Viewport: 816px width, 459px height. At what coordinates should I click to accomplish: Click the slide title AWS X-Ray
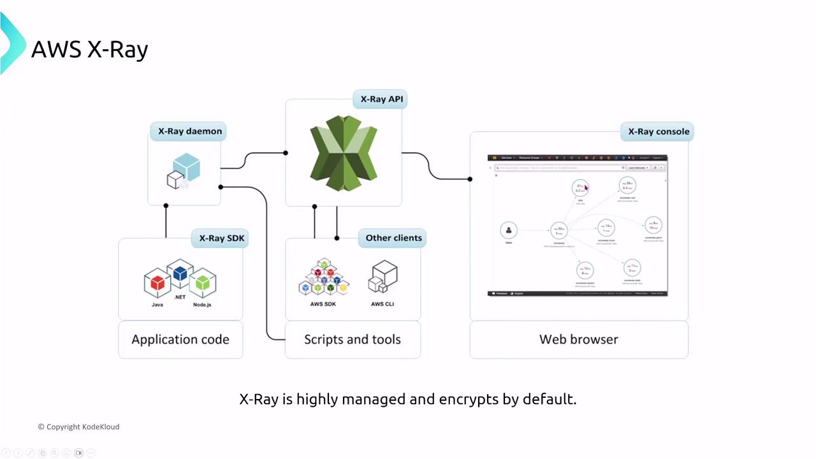click(x=89, y=49)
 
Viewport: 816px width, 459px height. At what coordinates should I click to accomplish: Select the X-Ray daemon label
click(x=190, y=131)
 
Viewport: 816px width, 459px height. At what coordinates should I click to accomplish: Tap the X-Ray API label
click(x=381, y=99)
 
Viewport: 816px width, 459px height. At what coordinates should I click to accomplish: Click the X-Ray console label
click(x=659, y=131)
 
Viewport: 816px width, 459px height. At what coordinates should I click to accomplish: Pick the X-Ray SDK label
click(x=221, y=238)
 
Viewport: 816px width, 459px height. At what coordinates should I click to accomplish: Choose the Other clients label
click(x=393, y=238)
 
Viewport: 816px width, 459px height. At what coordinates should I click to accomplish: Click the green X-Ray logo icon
click(x=344, y=153)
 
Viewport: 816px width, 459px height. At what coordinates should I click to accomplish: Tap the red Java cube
click(x=157, y=282)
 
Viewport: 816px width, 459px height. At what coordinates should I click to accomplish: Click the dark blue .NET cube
click(x=180, y=273)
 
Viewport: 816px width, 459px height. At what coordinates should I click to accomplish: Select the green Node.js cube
click(x=203, y=282)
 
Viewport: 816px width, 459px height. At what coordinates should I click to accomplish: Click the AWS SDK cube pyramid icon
click(x=323, y=278)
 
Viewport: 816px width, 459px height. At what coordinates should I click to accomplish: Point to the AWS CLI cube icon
click(x=382, y=278)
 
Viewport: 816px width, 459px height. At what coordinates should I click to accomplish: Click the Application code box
click(x=180, y=339)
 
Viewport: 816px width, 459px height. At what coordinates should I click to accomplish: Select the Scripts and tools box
click(x=353, y=339)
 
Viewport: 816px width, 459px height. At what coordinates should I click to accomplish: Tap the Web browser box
click(x=579, y=339)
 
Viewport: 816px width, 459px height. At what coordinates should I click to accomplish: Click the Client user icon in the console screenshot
click(x=509, y=230)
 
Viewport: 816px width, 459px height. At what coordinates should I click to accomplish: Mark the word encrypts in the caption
click(x=469, y=399)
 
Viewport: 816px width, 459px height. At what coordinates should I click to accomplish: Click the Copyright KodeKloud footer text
click(x=78, y=426)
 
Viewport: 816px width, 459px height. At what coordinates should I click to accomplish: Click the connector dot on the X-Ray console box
click(x=470, y=179)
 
